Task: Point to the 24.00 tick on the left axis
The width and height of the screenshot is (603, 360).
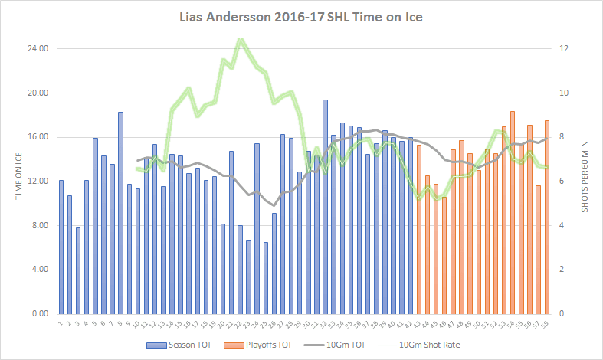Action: pos(38,48)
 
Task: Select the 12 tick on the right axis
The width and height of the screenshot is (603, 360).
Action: pos(564,48)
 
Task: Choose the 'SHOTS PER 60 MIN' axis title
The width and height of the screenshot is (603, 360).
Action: pos(585,182)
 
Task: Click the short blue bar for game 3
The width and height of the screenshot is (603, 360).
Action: pos(78,270)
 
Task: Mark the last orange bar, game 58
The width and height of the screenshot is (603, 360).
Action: pos(546,217)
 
